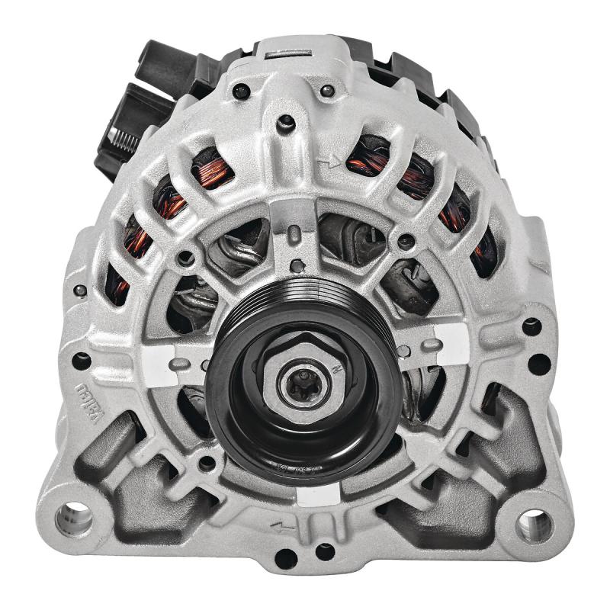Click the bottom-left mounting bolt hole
(74, 519)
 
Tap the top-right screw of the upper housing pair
(327, 91)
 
